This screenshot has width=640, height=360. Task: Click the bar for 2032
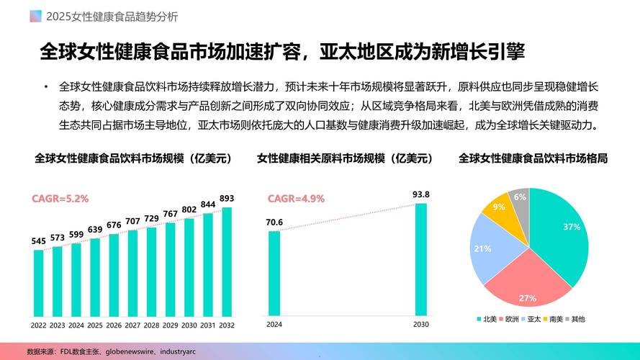pyautogui.click(x=227, y=262)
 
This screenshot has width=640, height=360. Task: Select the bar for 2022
pyautogui.click(x=38, y=283)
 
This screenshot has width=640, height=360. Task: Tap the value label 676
pyautogui.click(x=114, y=225)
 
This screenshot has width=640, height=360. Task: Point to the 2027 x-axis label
pyautogui.click(x=132, y=325)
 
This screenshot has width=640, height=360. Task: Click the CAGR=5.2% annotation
pyautogui.click(x=60, y=198)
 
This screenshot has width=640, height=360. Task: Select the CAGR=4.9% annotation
pyautogui.click(x=296, y=198)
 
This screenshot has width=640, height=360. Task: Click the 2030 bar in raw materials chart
pyautogui.click(x=421, y=259)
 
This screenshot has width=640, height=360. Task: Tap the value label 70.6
pyautogui.click(x=274, y=222)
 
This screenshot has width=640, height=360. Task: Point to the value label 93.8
pyautogui.click(x=421, y=194)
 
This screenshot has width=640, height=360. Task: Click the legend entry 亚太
pyautogui.click(x=533, y=318)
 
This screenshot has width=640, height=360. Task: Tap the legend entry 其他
pyautogui.click(x=577, y=318)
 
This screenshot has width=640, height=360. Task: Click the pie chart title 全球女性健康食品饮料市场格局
pyautogui.click(x=533, y=158)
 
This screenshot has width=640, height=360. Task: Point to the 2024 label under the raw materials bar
pyautogui.click(x=274, y=325)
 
